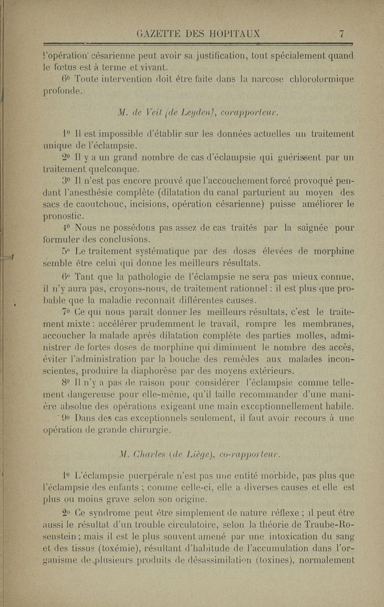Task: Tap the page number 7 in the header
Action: click(341, 34)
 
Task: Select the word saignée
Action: click(305, 228)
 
